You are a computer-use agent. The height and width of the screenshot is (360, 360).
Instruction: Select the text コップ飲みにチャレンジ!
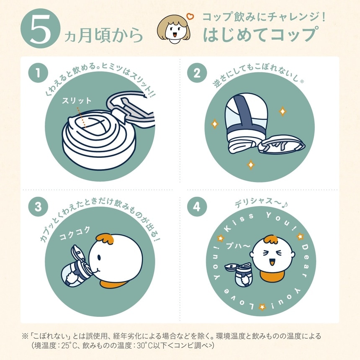pos(264,18)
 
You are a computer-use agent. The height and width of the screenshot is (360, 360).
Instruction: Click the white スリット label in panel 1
pos(77,101)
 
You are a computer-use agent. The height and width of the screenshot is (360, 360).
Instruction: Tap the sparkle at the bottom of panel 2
pos(251,165)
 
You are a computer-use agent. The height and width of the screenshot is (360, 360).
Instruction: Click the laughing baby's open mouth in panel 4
pos(273,262)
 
